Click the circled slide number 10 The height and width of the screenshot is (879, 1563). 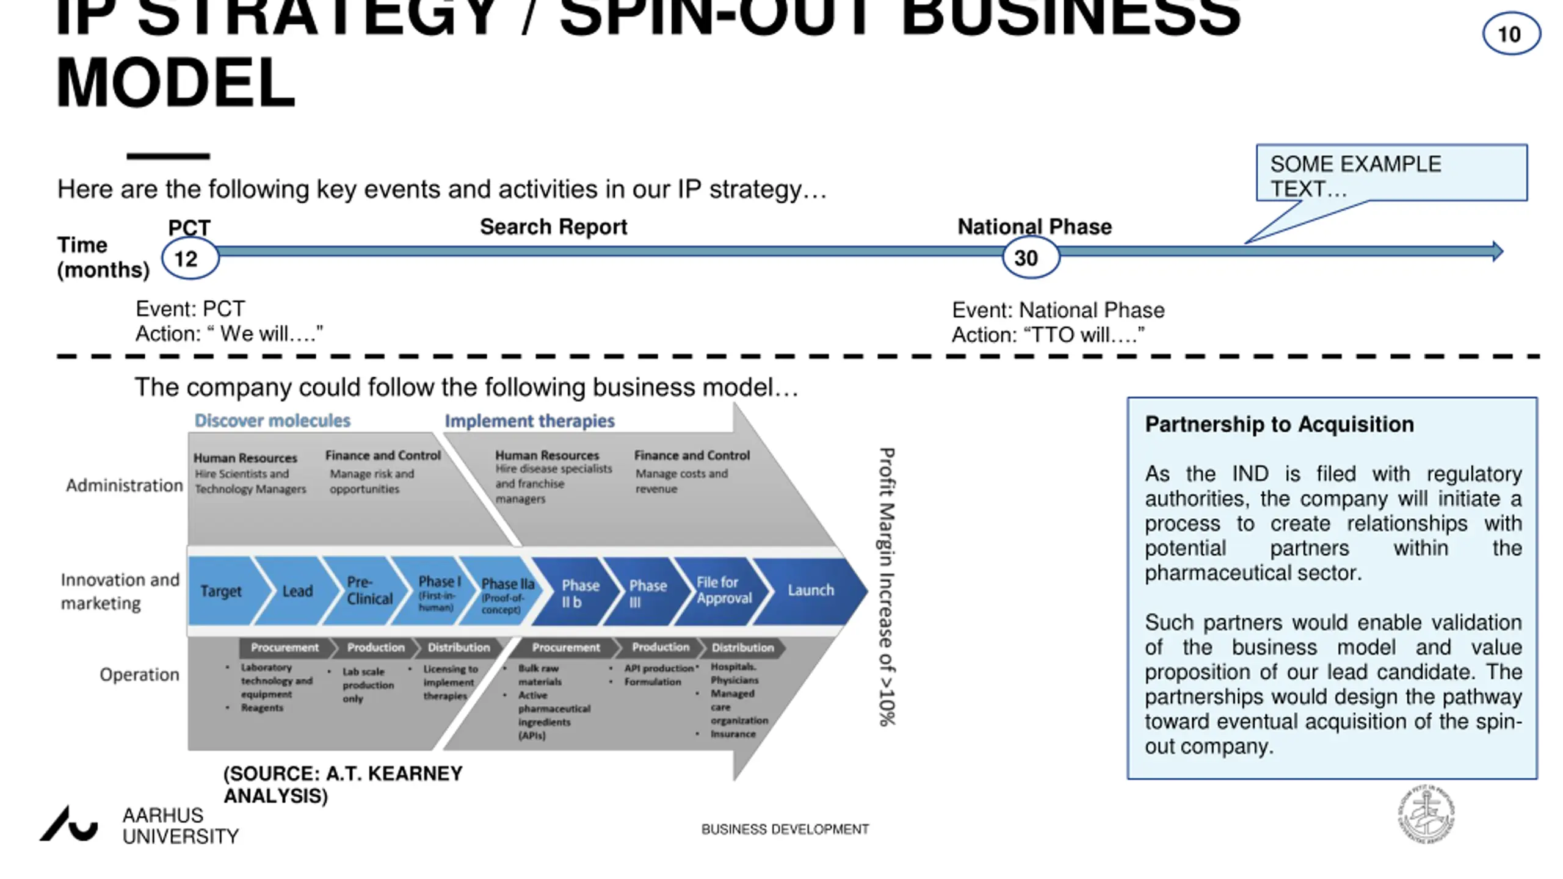(1510, 34)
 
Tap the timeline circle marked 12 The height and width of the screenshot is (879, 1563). (189, 259)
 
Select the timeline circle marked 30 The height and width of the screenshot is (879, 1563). (1030, 258)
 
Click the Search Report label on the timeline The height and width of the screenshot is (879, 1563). (553, 227)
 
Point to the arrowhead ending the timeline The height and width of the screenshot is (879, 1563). (1497, 251)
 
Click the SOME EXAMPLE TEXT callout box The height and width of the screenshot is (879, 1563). (1391, 174)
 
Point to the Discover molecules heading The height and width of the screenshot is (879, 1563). (272, 421)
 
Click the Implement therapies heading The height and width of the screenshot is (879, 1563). (529, 421)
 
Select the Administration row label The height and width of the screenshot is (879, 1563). (125, 486)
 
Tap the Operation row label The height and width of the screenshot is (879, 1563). (139, 675)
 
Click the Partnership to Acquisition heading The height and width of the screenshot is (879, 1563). (1279, 424)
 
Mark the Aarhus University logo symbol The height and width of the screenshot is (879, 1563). (69, 824)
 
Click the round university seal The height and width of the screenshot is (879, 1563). (1426, 814)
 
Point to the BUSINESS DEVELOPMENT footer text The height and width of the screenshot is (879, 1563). (785, 830)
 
